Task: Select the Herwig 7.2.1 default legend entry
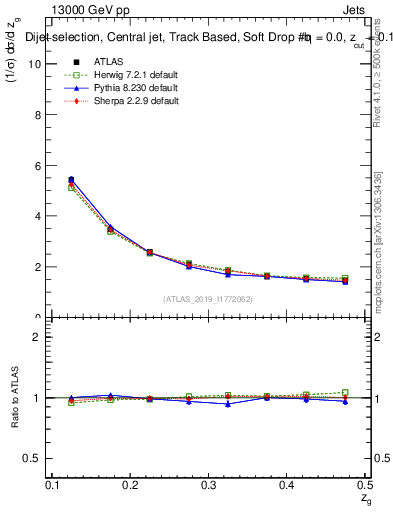click(x=122, y=75)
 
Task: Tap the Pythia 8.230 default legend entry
click(x=122, y=88)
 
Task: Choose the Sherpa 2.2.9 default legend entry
click(x=122, y=101)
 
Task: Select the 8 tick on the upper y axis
click(x=40, y=114)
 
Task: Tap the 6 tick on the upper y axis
click(x=40, y=165)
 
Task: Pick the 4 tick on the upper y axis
click(x=40, y=216)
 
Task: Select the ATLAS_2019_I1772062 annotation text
click(x=208, y=299)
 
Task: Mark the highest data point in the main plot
click(x=70, y=180)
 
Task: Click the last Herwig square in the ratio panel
click(x=345, y=393)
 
